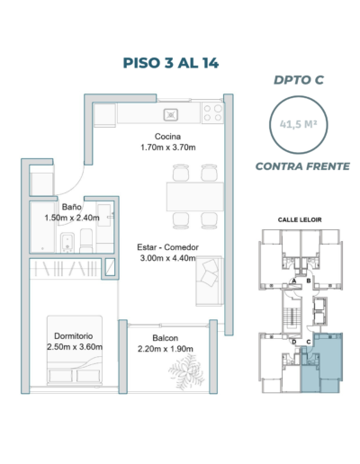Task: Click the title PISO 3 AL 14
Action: point(171,63)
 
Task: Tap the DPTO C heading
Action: point(299,80)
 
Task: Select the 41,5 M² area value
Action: point(299,124)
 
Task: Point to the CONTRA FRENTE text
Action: point(302,166)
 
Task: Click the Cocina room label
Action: point(167,137)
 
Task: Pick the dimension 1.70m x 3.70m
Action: point(168,147)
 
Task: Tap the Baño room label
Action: point(72,207)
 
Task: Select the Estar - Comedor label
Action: point(167,247)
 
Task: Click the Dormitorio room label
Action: point(74,336)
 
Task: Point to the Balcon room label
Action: point(166,338)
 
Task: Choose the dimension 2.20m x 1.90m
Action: point(166,349)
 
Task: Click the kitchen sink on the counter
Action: point(171,114)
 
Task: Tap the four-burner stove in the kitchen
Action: point(212,112)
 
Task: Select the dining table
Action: point(195,196)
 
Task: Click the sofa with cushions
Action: point(209,281)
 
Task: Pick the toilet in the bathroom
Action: point(86,241)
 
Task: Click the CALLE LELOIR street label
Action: point(300,219)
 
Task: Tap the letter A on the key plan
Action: point(294,281)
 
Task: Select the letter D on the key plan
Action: point(294,342)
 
